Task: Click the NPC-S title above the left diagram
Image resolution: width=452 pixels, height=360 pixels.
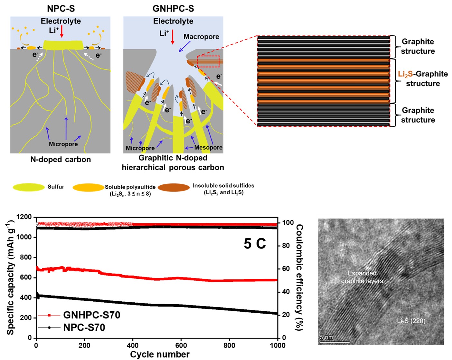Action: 61,8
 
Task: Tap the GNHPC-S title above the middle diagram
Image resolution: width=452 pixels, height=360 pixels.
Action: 173,8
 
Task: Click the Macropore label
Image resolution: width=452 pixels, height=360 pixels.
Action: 201,37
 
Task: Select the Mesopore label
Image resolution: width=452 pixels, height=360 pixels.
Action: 208,148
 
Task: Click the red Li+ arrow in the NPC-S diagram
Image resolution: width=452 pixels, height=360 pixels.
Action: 62,32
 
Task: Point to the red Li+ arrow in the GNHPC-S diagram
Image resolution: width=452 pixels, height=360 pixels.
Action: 173,36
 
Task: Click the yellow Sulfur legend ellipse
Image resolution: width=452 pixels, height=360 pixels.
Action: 29,187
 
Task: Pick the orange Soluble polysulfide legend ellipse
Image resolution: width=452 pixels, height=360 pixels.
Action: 88,187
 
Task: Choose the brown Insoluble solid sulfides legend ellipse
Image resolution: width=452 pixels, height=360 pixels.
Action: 174,188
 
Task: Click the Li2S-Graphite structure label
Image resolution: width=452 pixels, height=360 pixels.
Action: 423,79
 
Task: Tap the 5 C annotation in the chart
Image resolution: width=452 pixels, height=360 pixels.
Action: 255,243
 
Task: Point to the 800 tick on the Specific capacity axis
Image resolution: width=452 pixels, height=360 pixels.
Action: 27,257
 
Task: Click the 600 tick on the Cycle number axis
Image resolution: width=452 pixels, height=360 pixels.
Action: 181,345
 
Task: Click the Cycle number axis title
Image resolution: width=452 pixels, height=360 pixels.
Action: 160,355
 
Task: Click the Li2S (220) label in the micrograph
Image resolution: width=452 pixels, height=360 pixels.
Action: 411,321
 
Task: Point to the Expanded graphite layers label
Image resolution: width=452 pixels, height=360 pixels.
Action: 362,277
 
